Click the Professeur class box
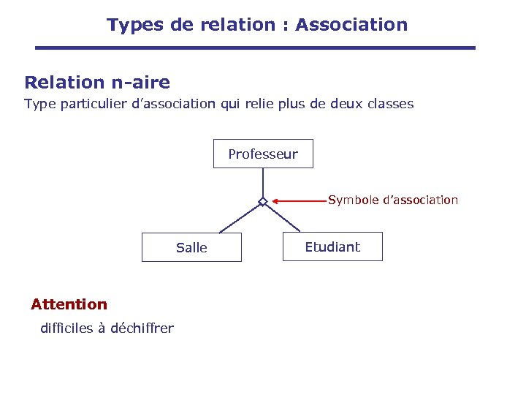pyautogui.click(x=263, y=154)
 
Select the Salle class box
pyautogui.click(x=191, y=247)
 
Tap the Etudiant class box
pyautogui.click(x=332, y=247)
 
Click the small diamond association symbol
pyautogui.click(x=263, y=202)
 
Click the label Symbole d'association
pyautogui.click(x=393, y=200)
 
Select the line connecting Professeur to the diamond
pyautogui.click(x=263, y=182)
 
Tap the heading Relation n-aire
pyautogui.click(x=97, y=83)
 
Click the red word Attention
pyautogui.click(x=69, y=304)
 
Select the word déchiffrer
pyautogui.click(x=142, y=328)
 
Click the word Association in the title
pyautogui.click(x=351, y=25)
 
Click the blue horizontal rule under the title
pyautogui.click(x=256, y=48)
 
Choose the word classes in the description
pyautogui.click(x=390, y=104)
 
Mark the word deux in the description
pyautogui.click(x=346, y=104)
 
